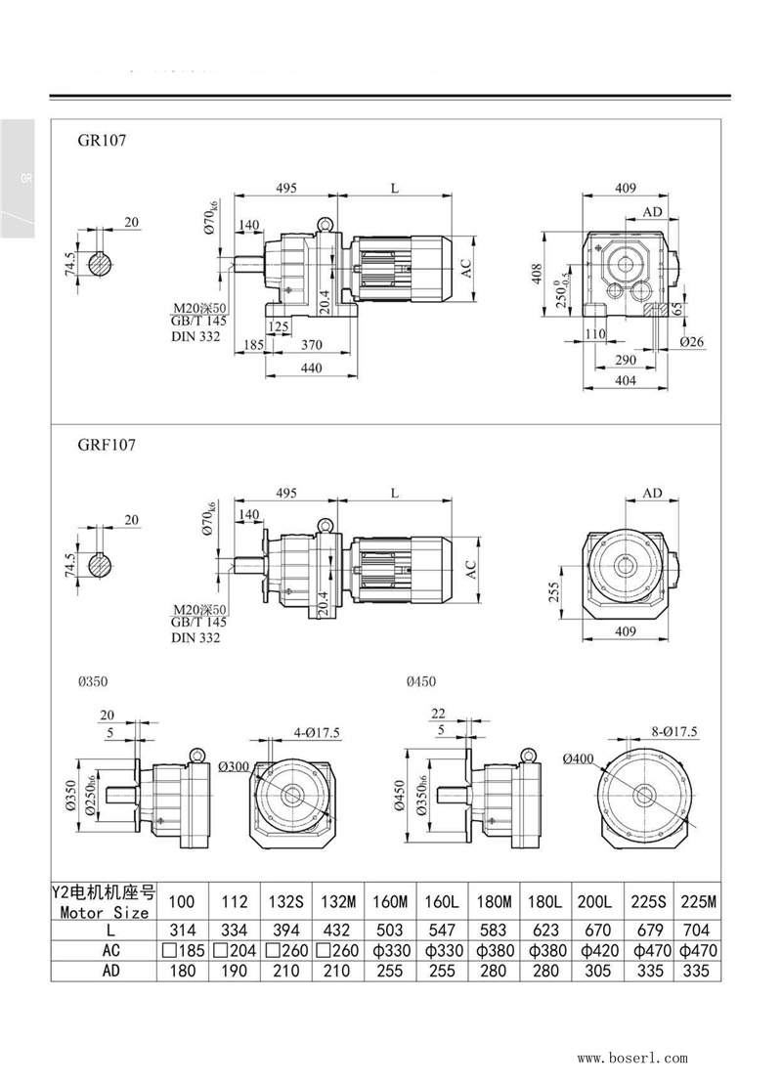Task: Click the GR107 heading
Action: pyautogui.click(x=102, y=140)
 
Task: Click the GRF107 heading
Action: pyautogui.click(x=107, y=445)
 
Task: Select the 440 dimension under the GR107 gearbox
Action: pyautogui.click(x=311, y=368)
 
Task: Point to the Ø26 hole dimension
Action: pyautogui.click(x=693, y=341)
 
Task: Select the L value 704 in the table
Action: pyautogui.click(x=698, y=931)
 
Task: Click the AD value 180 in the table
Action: pyautogui.click(x=182, y=972)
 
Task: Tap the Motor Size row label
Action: pyautogui.click(x=105, y=912)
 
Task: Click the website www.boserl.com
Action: pyautogui.click(x=632, y=1058)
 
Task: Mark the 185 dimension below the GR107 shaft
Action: pyautogui.click(x=252, y=344)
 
